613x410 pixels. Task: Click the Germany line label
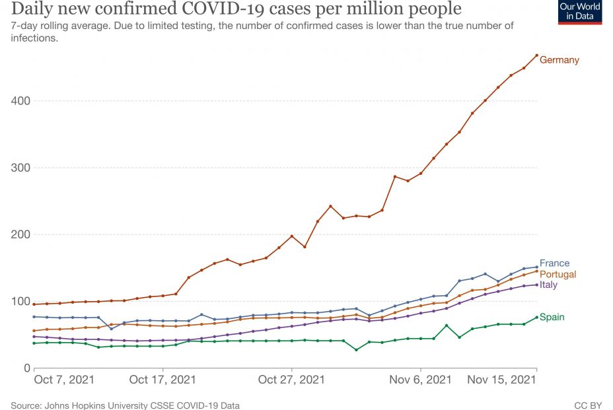(559, 60)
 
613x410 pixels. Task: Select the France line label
(554, 263)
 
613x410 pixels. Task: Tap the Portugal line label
(558, 274)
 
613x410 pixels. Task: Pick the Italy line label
(548, 285)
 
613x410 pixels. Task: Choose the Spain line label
(552, 317)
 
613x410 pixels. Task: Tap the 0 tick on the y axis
(27, 368)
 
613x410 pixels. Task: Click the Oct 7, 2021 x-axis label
(63, 380)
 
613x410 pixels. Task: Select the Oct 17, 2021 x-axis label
(162, 380)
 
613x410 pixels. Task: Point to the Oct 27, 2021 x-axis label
(291, 380)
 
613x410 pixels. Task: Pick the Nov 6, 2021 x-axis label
(420, 380)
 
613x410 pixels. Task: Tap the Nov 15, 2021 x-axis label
(501, 380)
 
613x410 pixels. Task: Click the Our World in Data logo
(580, 13)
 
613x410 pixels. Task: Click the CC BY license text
(587, 405)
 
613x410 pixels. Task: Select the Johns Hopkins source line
(125, 405)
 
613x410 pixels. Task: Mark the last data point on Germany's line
(536, 55)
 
